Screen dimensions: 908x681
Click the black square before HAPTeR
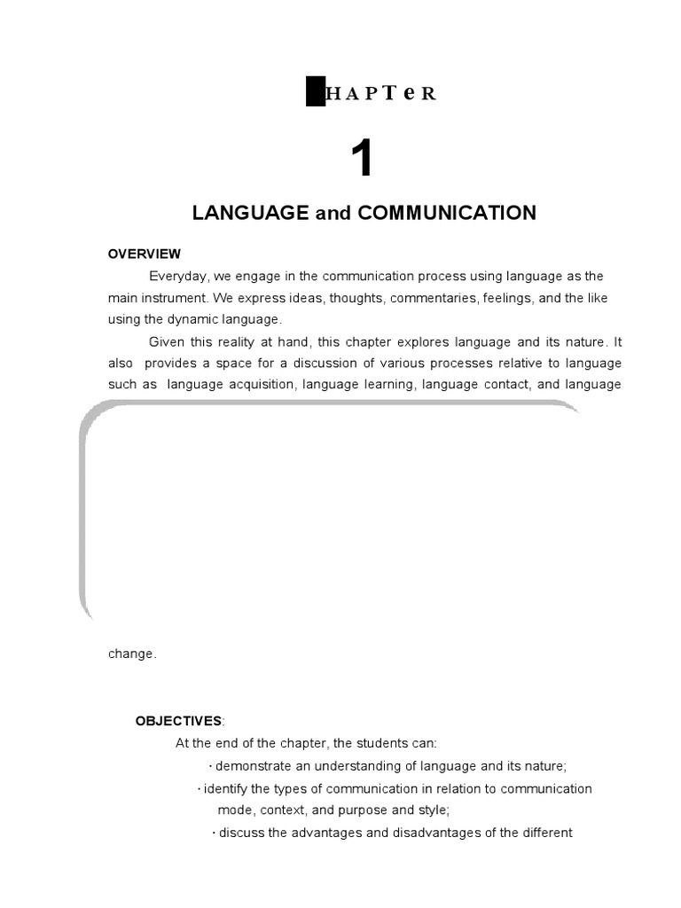point(316,92)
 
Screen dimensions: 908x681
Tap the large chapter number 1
point(362,160)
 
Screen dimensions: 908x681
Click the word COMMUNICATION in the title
point(448,213)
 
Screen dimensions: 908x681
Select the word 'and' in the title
point(331,214)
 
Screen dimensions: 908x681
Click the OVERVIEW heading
point(145,254)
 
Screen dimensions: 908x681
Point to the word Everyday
point(178,276)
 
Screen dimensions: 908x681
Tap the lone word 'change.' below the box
point(132,654)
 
